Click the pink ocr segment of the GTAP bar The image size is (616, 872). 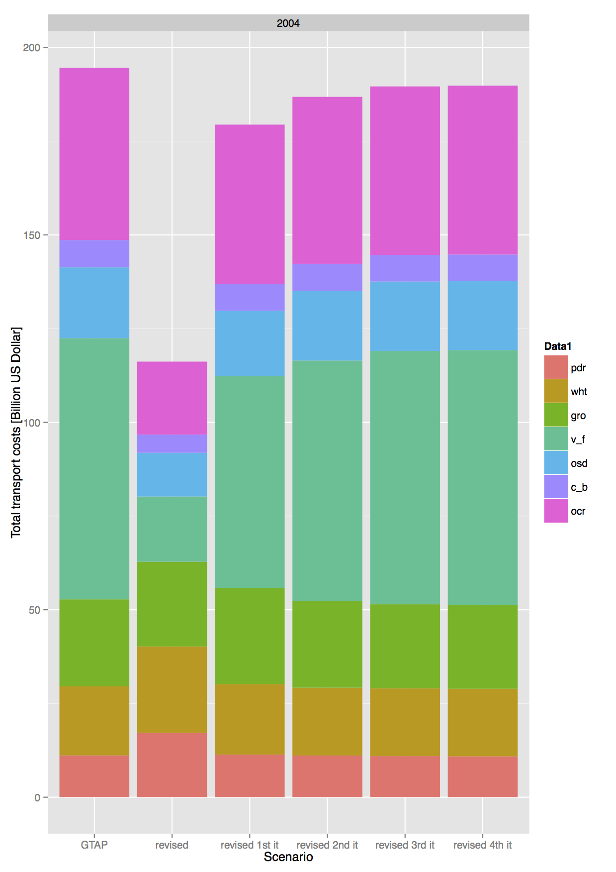pyautogui.click(x=94, y=154)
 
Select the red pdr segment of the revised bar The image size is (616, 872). pyautogui.click(x=172, y=764)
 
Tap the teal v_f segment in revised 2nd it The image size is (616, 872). pyautogui.click(x=327, y=480)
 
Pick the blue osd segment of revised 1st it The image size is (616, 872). pyautogui.click(x=249, y=343)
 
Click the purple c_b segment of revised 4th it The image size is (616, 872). pyautogui.click(x=482, y=268)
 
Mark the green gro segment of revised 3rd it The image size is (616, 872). pyautogui.click(x=405, y=646)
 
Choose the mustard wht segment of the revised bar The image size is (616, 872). pyautogui.click(x=172, y=689)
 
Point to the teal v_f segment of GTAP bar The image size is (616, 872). pyautogui.click(x=94, y=468)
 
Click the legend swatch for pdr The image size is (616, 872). pyautogui.click(x=555, y=367)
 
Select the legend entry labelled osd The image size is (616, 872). pyautogui.click(x=579, y=463)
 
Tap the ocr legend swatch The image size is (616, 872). pyautogui.click(x=555, y=511)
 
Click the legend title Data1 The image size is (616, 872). pyautogui.click(x=557, y=346)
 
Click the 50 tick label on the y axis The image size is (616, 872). pyautogui.click(x=34, y=610)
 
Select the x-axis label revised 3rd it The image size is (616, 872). pyautogui.click(x=405, y=845)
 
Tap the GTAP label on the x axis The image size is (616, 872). pyautogui.click(x=94, y=845)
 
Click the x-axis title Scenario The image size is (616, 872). pyautogui.click(x=288, y=857)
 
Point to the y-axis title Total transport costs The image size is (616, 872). pyautogui.click(x=16, y=432)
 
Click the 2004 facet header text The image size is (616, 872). pyautogui.click(x=288, y=23)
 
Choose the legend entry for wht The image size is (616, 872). pyautogui.click(x=579, y=392)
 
